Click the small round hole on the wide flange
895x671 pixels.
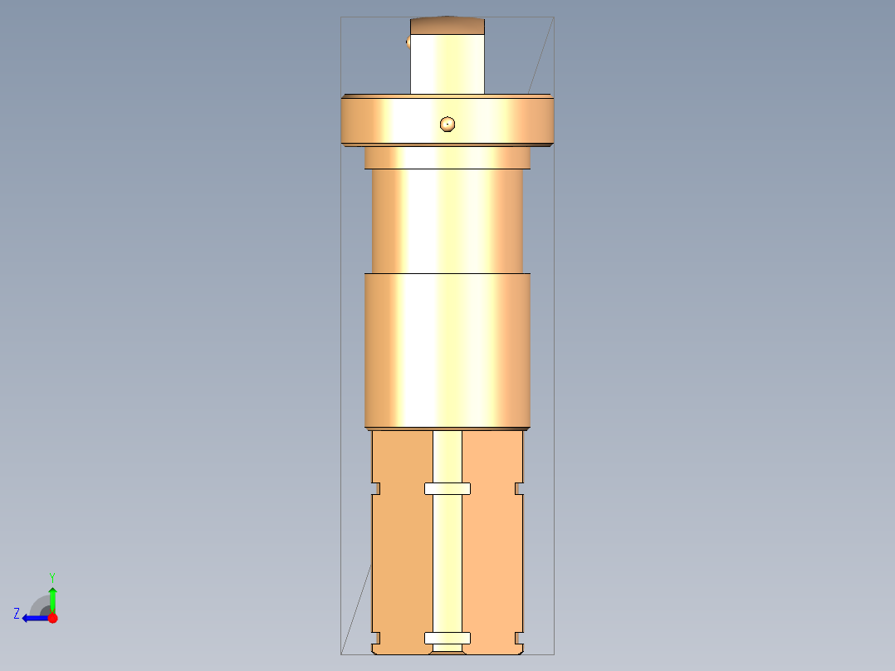click(x=447, y=124)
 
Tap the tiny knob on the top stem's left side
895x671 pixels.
click(x=408, y=42)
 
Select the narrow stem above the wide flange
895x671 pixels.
click(x=447, y=63)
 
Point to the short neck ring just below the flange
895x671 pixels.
click(x=447, y=158)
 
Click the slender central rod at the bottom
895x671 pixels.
click(x=447, y=565)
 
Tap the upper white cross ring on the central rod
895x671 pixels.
click(x=447, y=488)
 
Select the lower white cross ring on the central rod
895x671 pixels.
click(x=447, y=638)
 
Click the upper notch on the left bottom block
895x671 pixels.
click(x=375, y=488)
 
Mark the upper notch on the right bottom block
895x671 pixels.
click(x=520, y=488)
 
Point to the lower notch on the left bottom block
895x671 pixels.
click(x=375, y=638)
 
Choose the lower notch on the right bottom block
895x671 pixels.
click(x=520, y=638)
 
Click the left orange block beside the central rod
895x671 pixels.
click(x=402, y=565)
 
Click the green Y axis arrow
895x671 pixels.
click(x=52, y=598)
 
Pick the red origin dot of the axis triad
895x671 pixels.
click(x=52, y=618)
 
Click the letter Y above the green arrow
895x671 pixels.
click(x=51, y=576)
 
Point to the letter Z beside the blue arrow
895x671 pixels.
click(x=17, y=614)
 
